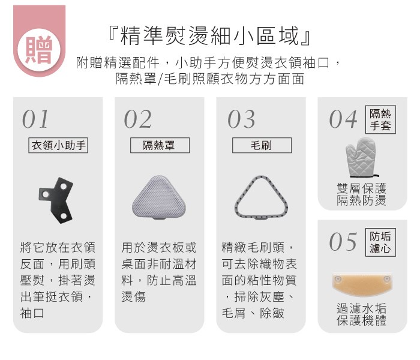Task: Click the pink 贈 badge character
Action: (x=39, y=50)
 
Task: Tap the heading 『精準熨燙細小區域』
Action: (x=209, y=35)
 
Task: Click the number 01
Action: (x=35, y=119)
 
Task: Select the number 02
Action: (x=137, y=119)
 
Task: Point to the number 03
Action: (x=241, y=119)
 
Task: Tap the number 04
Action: (x=343, y=119)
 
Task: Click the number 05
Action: (x=343, y=242)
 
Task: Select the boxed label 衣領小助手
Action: (x=58, y=145)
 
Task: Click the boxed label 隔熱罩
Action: (x=160, y=145)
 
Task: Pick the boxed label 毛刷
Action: (x=262, y=145)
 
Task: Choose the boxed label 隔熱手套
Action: (x=380, y=119)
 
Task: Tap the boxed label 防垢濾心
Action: (x=380, y=242)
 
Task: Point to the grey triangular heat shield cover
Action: (x=159, y=197)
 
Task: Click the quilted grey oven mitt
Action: (x=361, y=158)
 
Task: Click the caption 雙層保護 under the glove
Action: (x=362, y=188)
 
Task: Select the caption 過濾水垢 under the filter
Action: (x=362, y=308)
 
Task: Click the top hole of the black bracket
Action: (x=64, y=186)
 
